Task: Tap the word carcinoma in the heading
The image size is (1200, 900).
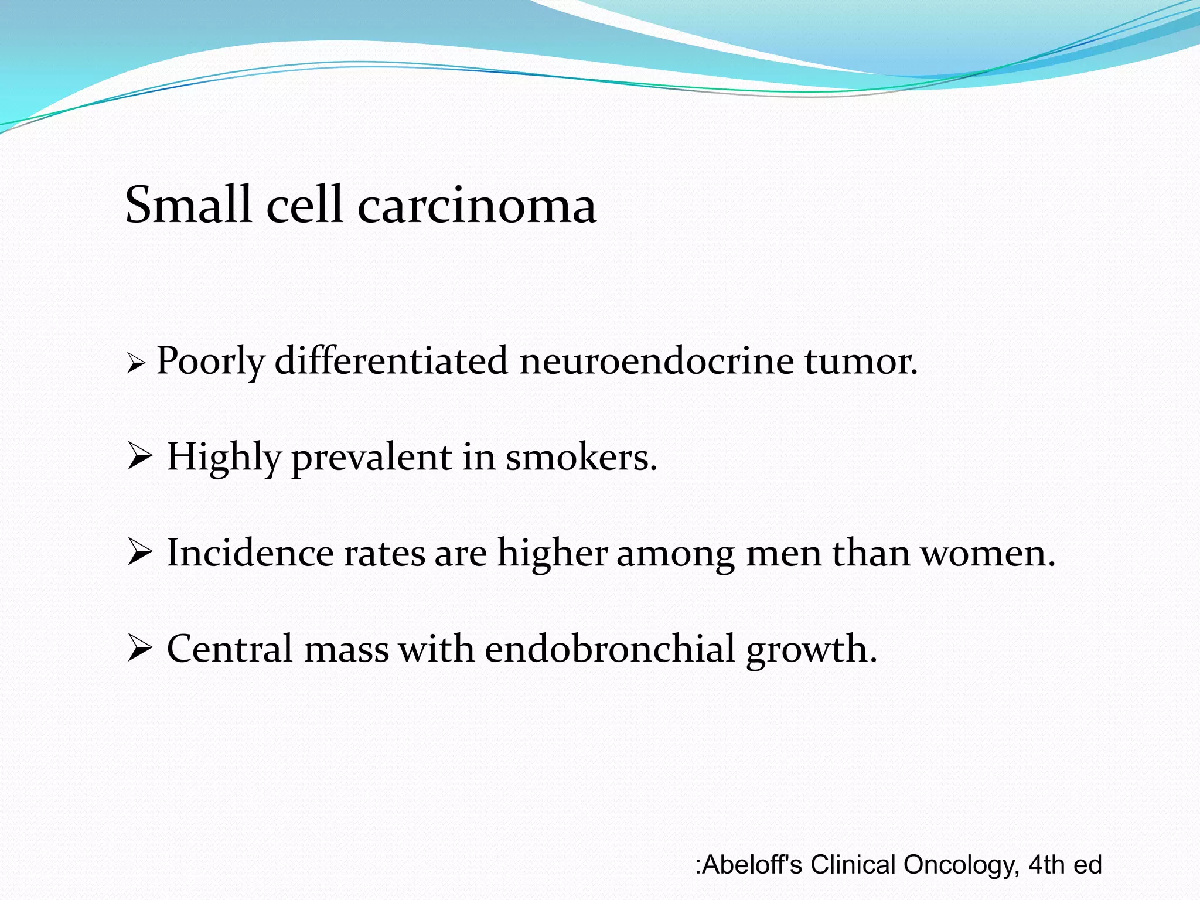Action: (x=477, y=206)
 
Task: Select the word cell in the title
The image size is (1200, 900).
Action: (x=304, y=204)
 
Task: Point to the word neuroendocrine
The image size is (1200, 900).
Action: (x=656, y=360)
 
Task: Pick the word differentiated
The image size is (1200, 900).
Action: (x=391, y=360)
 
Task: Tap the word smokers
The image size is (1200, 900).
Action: (x=581, y=456)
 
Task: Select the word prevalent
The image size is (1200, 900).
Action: (x=371, y=458)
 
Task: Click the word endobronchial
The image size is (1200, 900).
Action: (x=610, y=649)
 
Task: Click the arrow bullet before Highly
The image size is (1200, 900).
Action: (x=139, y=456)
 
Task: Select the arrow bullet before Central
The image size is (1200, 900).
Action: (x=139, y=649)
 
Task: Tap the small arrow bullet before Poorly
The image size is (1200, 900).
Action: (x=135, y=365)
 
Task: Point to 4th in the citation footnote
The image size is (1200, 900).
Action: (x=1046, y=865)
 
